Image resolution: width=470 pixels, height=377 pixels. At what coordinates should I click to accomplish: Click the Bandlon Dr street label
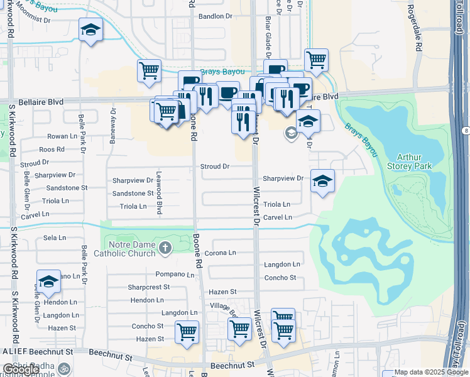(215, 16)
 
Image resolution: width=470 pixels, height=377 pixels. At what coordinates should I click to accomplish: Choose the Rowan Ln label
(62, 136)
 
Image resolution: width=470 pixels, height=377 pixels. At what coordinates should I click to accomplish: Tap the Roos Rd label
(52, 150)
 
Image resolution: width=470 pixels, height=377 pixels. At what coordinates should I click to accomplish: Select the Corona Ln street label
(220, 253)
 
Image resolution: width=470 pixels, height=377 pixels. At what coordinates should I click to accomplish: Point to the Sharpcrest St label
(149, 287)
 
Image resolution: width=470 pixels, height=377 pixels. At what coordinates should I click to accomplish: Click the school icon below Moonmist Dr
(90, 30)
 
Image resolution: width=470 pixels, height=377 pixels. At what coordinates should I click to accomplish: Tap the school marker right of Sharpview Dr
(322, 182)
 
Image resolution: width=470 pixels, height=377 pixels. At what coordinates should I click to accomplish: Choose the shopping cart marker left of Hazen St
(187, 332)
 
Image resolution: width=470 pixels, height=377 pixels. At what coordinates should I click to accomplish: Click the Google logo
(21, 369)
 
